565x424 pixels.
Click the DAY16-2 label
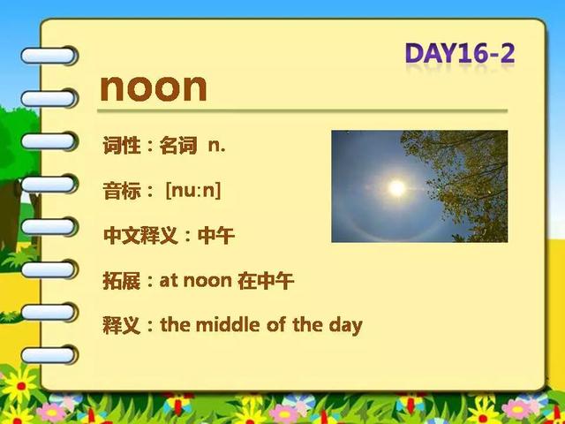pos(460,54)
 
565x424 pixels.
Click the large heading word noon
pos(154,87)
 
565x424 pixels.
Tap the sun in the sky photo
pos(396,188)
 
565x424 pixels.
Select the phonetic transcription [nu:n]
pos(193,191)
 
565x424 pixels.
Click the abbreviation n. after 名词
pos(216,146)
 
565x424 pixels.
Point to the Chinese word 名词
pos(178,146)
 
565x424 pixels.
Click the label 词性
pos(122,146)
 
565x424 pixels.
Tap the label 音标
pos(122,191)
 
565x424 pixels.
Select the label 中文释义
pos(140,236)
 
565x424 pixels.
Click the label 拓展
pos(122,281)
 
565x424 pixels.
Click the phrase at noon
pos(195,281)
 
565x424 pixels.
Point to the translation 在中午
pos(266,281)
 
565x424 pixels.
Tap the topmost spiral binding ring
pos(49,56)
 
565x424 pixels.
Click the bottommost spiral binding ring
pos(49,355)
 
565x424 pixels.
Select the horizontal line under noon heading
pos(302,110)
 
